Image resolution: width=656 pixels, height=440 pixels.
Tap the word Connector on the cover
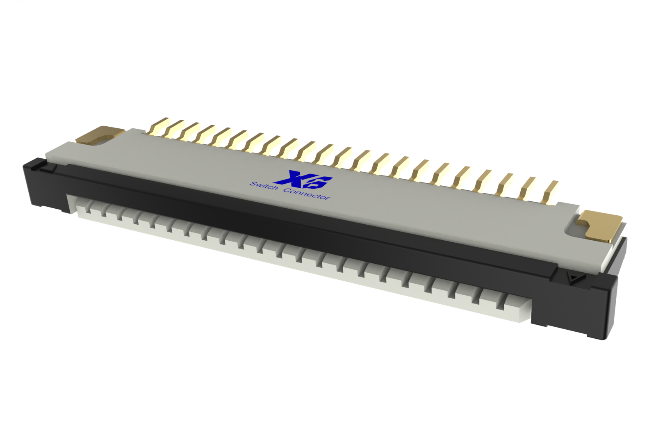click(307, 194)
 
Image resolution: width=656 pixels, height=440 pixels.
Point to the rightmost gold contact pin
click(550, 192)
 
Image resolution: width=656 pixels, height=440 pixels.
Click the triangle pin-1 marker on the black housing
click(572, 277)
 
